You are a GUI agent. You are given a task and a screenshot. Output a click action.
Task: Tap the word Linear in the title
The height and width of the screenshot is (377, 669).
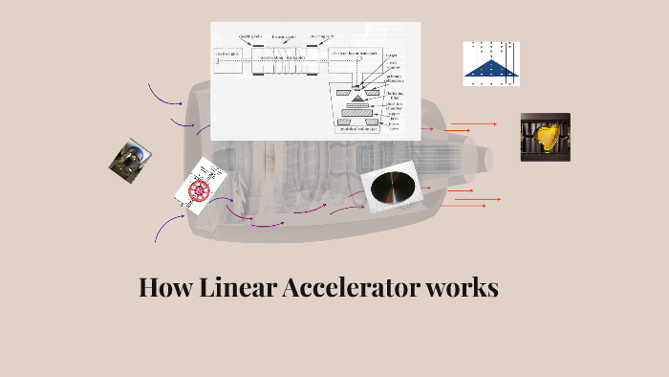(239, 287)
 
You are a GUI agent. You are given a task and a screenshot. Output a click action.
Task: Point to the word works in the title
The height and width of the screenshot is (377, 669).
(463, 287)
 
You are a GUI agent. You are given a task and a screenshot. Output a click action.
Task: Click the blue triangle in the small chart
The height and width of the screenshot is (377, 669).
(491, 67)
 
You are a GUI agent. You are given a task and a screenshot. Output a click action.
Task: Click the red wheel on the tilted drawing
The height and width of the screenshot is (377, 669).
(200, 188)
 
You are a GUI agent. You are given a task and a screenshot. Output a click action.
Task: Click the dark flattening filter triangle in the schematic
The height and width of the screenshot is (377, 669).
(357, 98)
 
